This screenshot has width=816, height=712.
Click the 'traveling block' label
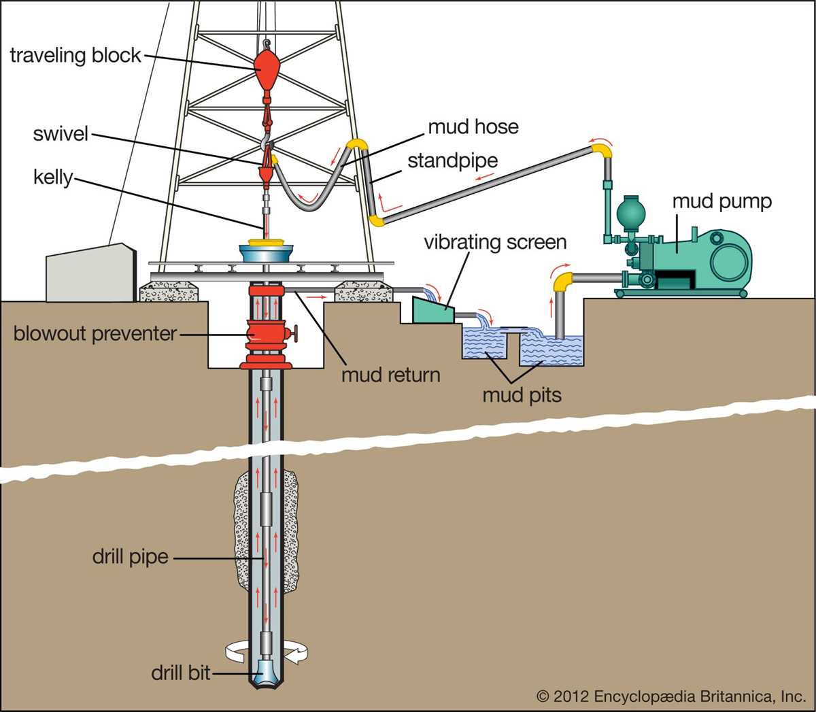click(x=75, y=55)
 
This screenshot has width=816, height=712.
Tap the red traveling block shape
click(x=267, y=65)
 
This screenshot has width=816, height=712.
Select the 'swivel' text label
click(x=61, y=133)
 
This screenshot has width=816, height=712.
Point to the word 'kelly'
click(x=52, y=177)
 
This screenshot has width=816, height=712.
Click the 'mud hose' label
click(x=473, y=126)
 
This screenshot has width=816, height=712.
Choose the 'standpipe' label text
click(x=452, y=161)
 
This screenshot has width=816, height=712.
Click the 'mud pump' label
click(x=721, y=201)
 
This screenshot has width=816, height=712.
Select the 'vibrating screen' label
click(x=494, y=242)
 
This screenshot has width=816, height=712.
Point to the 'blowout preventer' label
click(x=95, y=334)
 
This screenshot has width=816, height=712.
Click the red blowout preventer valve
click(x=267, y=333)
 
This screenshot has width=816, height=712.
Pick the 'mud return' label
click(x=390, y=375)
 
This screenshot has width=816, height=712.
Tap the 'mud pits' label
click(x=522, y=395)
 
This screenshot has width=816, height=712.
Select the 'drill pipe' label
click(x=130, y=557)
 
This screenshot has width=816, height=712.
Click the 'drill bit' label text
click(x=180, y=673)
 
